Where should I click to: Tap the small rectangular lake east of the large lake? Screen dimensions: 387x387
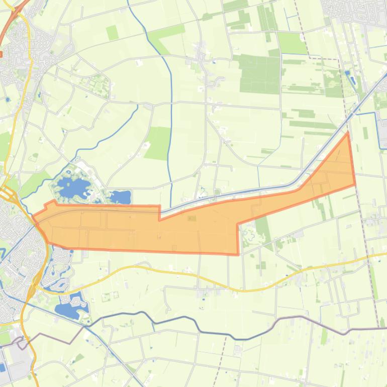click(x=121, y=197)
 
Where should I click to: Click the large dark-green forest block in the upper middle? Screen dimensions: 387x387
click(x=259, y=73)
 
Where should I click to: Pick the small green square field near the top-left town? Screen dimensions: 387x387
click(x=112, y=33)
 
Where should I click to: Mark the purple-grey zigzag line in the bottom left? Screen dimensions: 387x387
click(x=50, y=337)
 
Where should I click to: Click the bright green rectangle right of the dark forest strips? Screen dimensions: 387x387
click(x=291, y=43)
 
